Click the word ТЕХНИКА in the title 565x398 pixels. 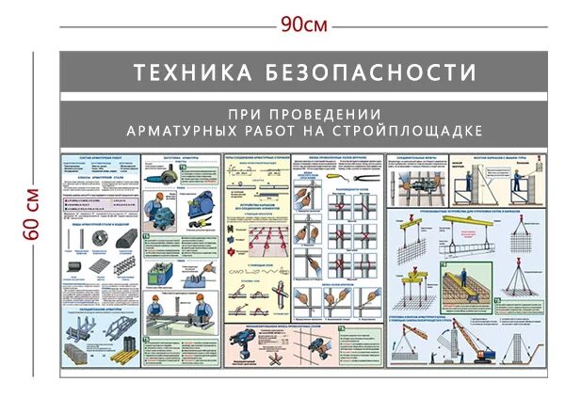pos(179,72)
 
